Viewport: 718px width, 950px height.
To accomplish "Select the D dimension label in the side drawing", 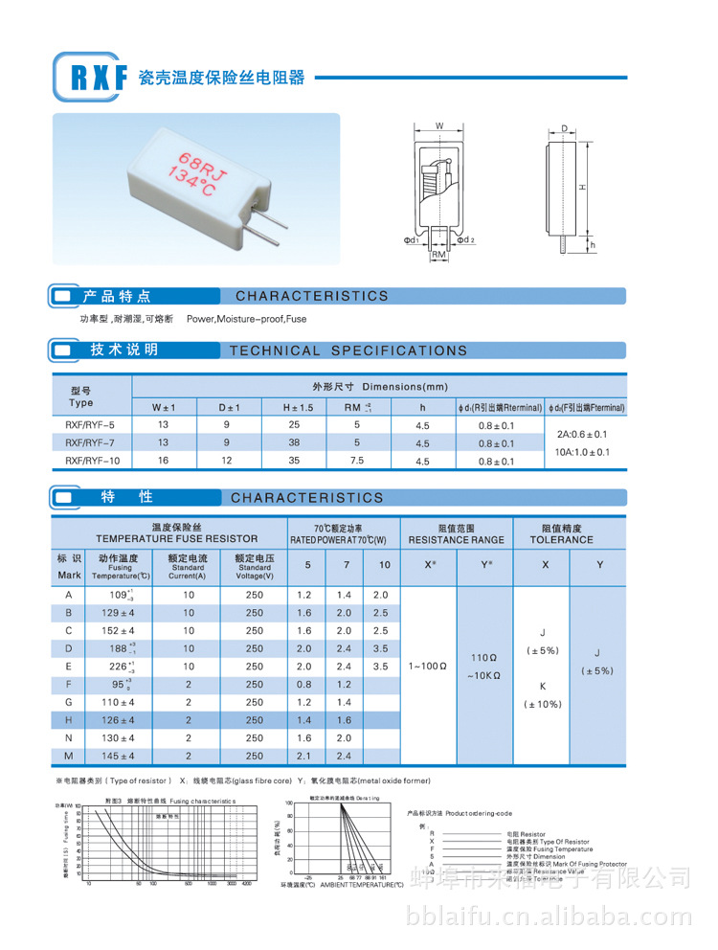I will coord(567,127).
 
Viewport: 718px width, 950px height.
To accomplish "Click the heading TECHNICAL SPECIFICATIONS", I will coord(348,351).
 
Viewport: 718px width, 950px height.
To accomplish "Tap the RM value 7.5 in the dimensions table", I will coord(357,461).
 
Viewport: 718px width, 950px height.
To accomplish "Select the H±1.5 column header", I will coord(298,407).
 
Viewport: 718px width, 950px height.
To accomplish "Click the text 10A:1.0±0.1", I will coord(584,451).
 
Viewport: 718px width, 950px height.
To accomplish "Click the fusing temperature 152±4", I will coord(122,630).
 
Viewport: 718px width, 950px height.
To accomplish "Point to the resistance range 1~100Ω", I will coord(428,665).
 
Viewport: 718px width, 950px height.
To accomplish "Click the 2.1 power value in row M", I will coord(307,757).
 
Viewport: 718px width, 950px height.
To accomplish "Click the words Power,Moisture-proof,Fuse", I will coord(247,318).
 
